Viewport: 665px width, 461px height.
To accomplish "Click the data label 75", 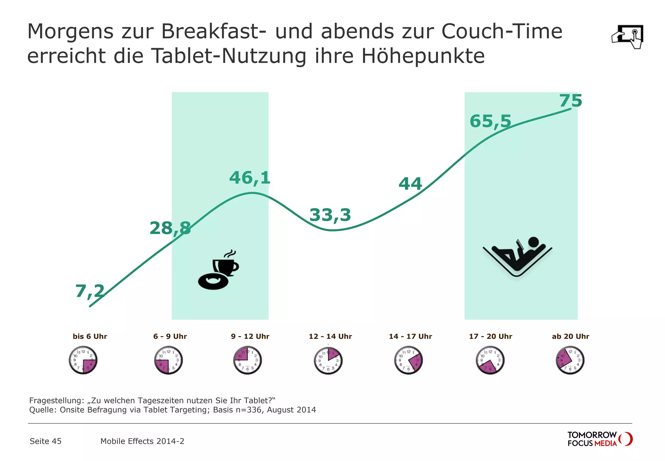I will (571, 101).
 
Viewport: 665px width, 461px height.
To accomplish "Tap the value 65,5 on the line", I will (490, 121).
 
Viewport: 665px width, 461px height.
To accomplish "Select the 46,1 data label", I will (250, 178).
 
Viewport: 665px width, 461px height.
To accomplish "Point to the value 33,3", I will (330, 215).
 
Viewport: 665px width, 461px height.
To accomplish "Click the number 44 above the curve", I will (410, 184).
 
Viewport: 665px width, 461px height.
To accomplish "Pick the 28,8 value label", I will (170, 228).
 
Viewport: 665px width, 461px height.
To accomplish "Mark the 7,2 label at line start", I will (90, 291).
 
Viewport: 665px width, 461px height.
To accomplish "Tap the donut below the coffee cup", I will (213, 282).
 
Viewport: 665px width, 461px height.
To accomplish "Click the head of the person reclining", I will (533, 242).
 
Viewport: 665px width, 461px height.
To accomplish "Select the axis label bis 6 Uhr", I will (90, 336).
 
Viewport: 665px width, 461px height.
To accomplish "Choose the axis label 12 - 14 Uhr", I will (330, 336).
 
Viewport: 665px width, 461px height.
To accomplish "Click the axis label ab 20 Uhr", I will (571, 336).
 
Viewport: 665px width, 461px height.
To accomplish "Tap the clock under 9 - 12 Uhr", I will (247, 360).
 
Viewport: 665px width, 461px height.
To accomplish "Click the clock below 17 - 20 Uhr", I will (490, 360).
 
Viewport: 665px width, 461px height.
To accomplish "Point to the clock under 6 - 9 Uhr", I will (168, 360).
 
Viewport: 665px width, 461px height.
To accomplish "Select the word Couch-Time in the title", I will (502, 32).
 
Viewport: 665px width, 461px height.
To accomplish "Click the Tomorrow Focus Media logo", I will (599, 439).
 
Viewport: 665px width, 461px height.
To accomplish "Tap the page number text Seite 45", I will (45, 441).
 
